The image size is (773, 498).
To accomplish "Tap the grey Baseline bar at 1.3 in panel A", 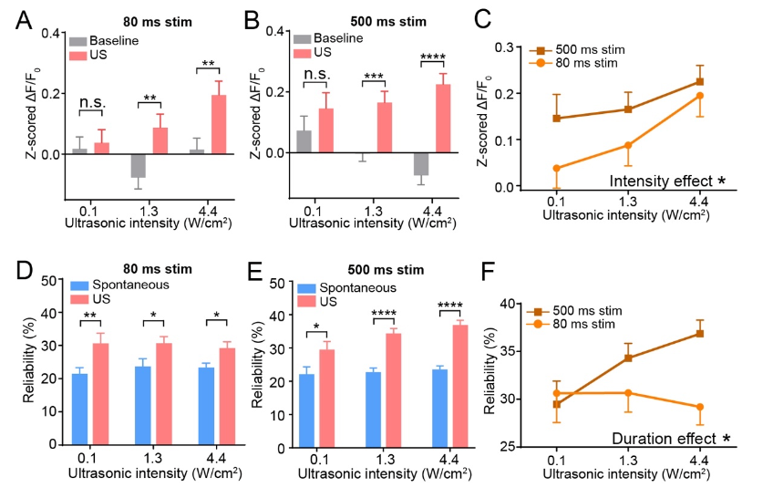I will coord(138,165).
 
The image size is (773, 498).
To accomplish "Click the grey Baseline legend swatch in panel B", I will coord(302,38).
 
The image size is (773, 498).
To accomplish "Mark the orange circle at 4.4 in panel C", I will coord(700,96).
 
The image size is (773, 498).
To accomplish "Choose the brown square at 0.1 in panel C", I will coord(556,118).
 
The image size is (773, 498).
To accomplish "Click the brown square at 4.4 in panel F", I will coord(700,334).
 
